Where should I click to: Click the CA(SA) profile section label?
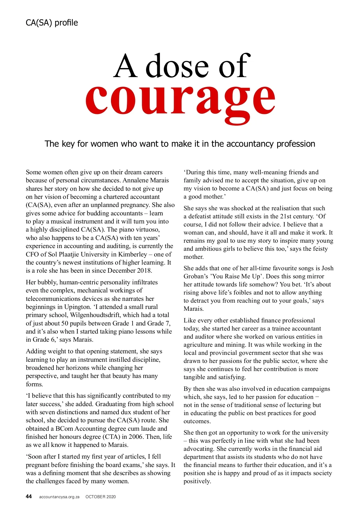52,23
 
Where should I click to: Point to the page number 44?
29,496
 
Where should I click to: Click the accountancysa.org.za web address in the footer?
59,497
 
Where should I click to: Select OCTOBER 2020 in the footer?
100,497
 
